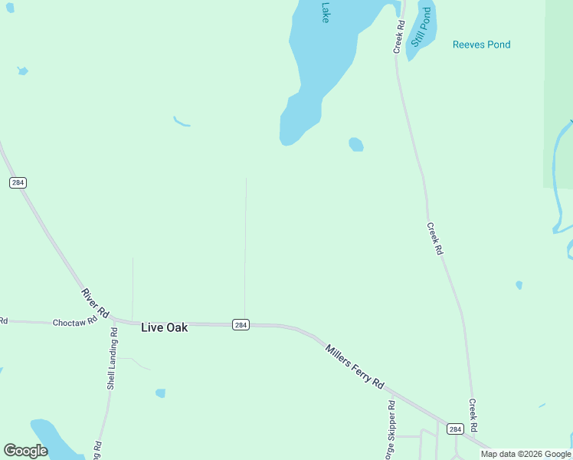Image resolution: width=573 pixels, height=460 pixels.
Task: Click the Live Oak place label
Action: tap(164, 327)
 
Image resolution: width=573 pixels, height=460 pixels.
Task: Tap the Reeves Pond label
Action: tap(481, 44)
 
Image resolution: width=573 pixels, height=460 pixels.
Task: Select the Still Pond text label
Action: tap(422, 28)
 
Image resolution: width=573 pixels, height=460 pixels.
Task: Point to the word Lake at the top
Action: tap(325, 11)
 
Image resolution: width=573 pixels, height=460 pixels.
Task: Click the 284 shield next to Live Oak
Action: tap(241, 324)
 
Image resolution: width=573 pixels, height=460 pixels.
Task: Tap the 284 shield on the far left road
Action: tap(18, 182)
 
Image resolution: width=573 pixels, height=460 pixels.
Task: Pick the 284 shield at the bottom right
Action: tap(455, 429)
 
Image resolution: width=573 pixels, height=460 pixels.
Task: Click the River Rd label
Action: tap(95, 304)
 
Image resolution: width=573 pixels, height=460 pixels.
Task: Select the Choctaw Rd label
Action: tap(75, 323)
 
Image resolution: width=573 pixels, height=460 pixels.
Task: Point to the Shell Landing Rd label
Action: tap(112, 359)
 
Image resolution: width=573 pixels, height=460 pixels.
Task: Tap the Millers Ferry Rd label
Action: tap(354, 366)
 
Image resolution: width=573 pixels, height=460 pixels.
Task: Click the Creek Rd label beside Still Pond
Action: tap(399, 37)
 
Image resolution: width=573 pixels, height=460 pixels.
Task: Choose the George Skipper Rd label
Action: tap(391, 429)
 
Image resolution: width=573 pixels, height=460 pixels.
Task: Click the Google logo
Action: tap(25, 451)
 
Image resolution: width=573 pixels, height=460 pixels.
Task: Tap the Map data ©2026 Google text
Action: tap(526, 454)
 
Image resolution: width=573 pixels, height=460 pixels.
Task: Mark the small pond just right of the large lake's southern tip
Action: tap(355, 144)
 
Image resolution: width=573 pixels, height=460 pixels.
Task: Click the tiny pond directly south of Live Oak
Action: tap(160, 393)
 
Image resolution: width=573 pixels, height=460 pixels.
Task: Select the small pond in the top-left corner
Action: tap(22, 71)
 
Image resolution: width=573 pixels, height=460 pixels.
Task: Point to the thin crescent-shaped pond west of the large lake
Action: tap(181, 121)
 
